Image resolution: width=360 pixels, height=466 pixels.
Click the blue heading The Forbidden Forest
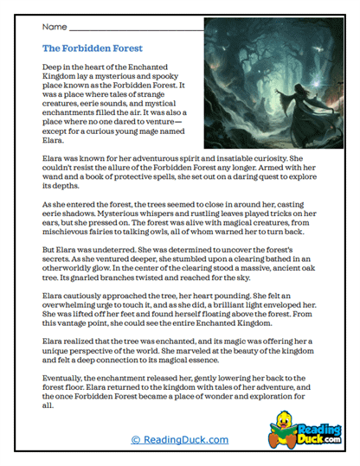pyautogui.click(x=93, y=48)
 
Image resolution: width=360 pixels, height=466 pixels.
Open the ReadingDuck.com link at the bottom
pyautogui.click(x=179, y=440)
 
